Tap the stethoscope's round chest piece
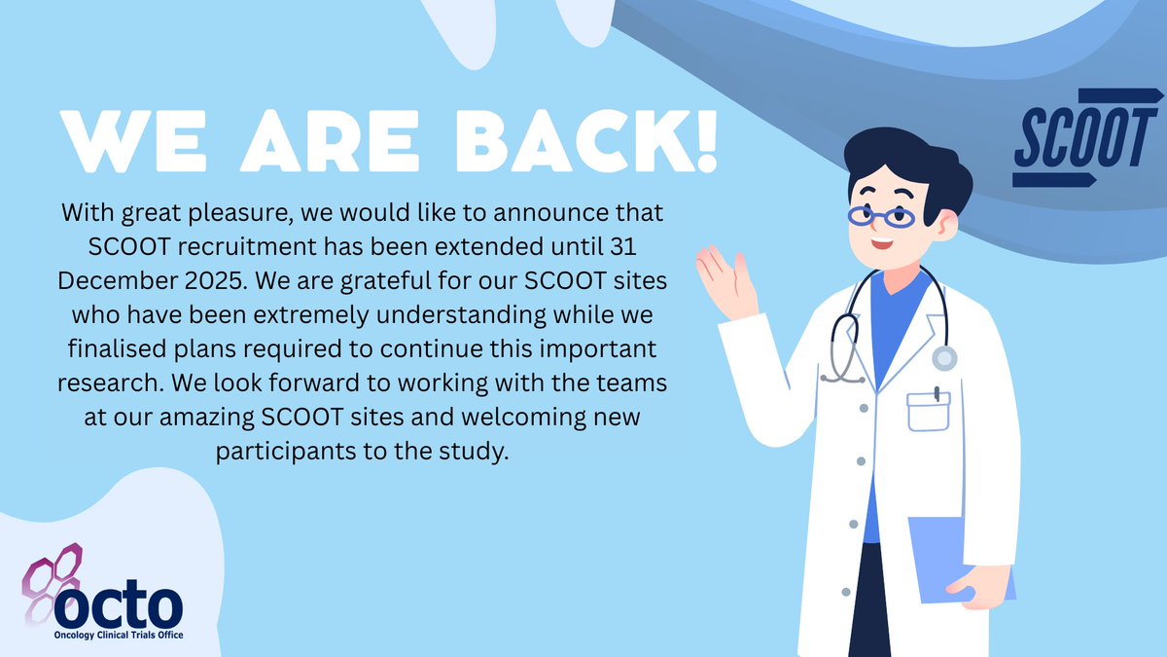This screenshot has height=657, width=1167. pyautogui.click(x=943, y=358)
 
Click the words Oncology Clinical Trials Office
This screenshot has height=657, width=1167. pyautogui.click(x=119, y=636)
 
